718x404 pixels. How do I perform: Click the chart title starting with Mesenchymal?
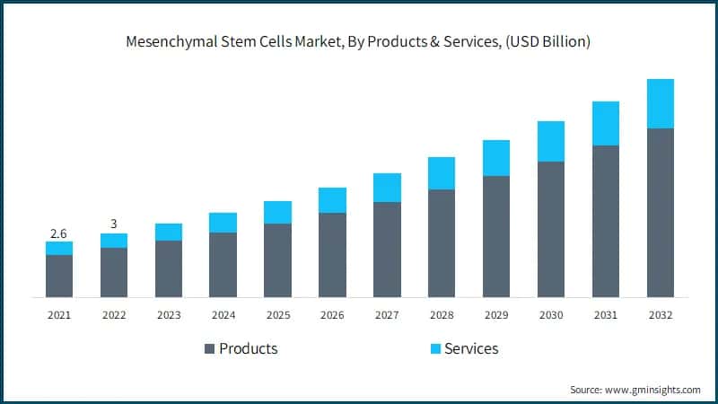359,42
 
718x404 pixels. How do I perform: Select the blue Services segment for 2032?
661,103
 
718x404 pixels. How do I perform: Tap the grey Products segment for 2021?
59,276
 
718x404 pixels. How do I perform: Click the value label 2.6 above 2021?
58,233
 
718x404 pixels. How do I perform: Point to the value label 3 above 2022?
114,224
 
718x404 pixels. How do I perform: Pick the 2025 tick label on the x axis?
277,315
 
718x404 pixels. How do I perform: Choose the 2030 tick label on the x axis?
551,315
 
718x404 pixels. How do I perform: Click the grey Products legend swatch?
211,348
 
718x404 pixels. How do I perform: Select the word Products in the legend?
249,348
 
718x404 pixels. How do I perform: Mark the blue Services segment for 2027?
387,188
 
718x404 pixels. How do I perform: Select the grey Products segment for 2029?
496,236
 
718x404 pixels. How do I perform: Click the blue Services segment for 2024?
223,223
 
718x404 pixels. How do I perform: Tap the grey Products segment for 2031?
606,221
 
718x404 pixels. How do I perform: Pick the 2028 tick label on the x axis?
442,315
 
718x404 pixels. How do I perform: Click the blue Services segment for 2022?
114,241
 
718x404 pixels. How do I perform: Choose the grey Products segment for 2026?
332,255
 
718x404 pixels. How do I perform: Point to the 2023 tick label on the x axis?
169,315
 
